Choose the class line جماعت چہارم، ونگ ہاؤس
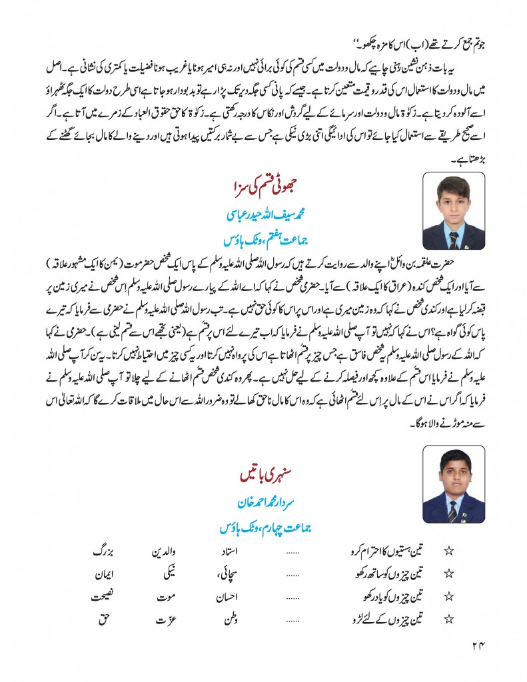pyautogui.click(x=264, y=529)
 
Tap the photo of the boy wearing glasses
pyautogui.click(x=454, y=487)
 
